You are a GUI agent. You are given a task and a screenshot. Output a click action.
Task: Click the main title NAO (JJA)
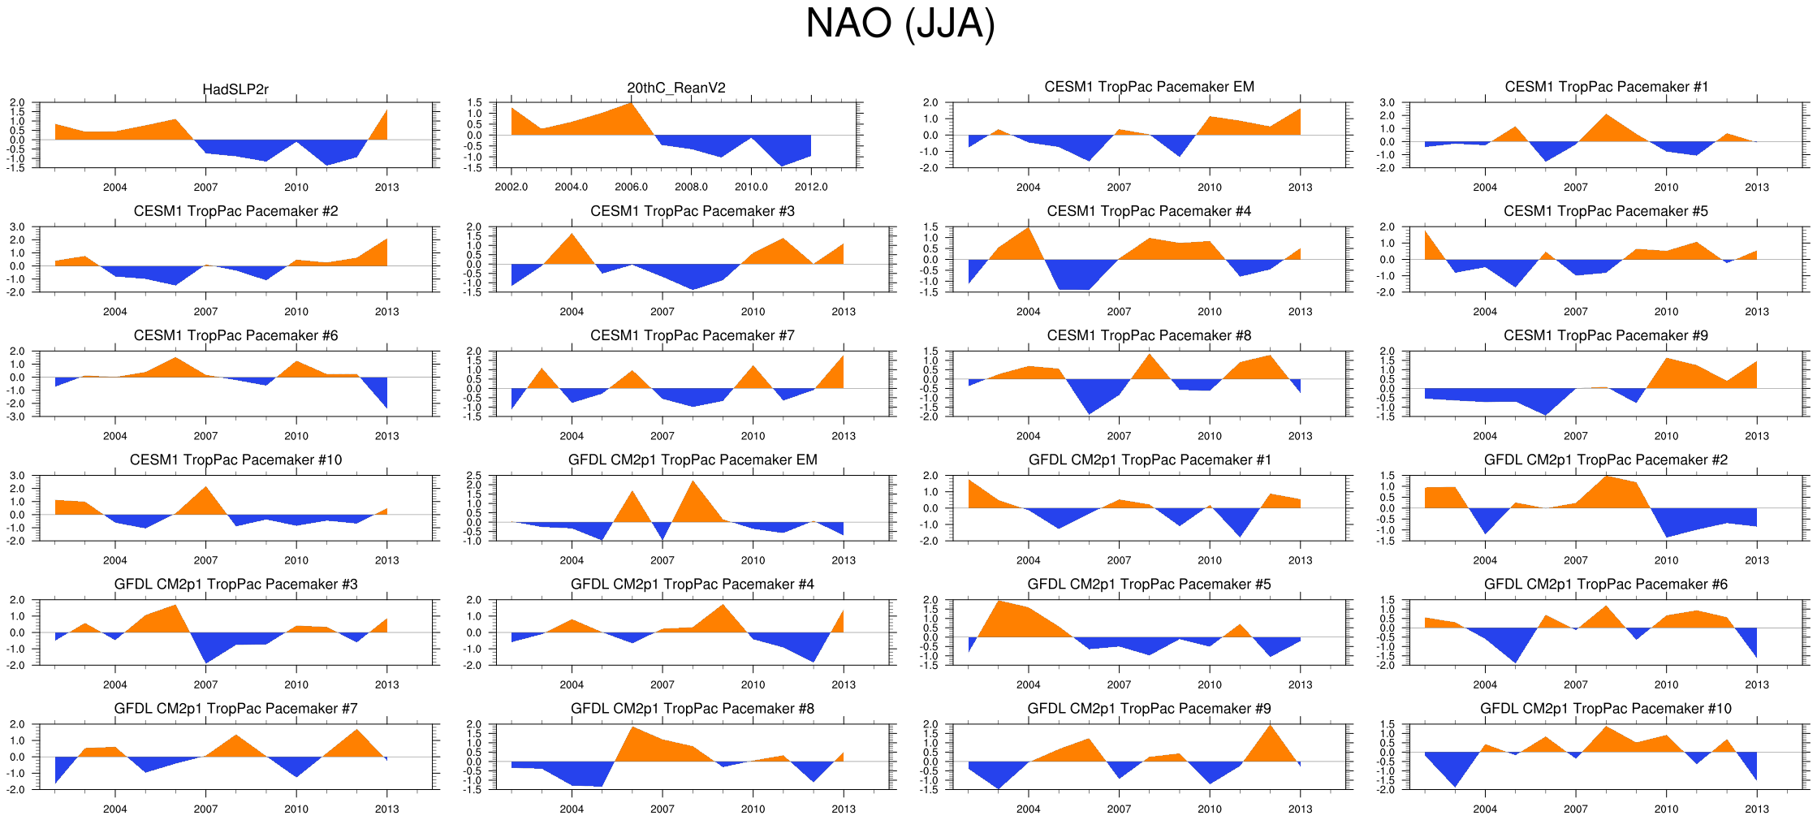click(900, 24)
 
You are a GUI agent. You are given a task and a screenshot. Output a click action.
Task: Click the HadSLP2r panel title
click(235, 89)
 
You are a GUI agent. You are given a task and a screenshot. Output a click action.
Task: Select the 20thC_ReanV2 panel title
click(676, 88)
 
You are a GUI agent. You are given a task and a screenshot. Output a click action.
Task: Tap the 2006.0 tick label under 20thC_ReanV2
click(631, 188)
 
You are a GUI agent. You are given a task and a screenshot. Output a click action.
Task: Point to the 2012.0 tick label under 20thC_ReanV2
click(811, 188)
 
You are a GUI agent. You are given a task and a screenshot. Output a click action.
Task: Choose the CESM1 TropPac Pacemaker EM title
click(1149, 87)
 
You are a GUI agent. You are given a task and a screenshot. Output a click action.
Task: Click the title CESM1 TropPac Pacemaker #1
click(1606, 87)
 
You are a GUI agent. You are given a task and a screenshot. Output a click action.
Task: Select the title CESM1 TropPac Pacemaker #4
click(1149, 211)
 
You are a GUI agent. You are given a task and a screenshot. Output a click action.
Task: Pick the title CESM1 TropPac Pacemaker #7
click(693, 335)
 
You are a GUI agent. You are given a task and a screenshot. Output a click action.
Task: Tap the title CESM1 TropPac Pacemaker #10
click(235, 460)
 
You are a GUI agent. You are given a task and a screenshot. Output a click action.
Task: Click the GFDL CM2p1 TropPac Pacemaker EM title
click(693, 460)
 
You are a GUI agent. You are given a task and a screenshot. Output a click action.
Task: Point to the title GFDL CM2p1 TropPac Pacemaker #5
click(1149, 584)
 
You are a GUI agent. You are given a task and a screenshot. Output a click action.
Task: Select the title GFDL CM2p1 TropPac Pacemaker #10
click(1606, 708)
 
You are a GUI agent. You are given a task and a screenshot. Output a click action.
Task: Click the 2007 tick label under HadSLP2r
click(205, 188)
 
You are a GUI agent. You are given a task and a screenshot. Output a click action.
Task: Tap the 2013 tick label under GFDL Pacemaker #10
click(1757, 809)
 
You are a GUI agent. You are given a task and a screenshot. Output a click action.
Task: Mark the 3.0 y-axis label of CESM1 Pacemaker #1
click(1387, 103)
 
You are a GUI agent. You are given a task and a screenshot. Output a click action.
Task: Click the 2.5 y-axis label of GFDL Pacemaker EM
click(474, 476)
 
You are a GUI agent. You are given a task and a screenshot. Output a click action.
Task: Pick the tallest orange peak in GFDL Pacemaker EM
click(693, 487)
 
